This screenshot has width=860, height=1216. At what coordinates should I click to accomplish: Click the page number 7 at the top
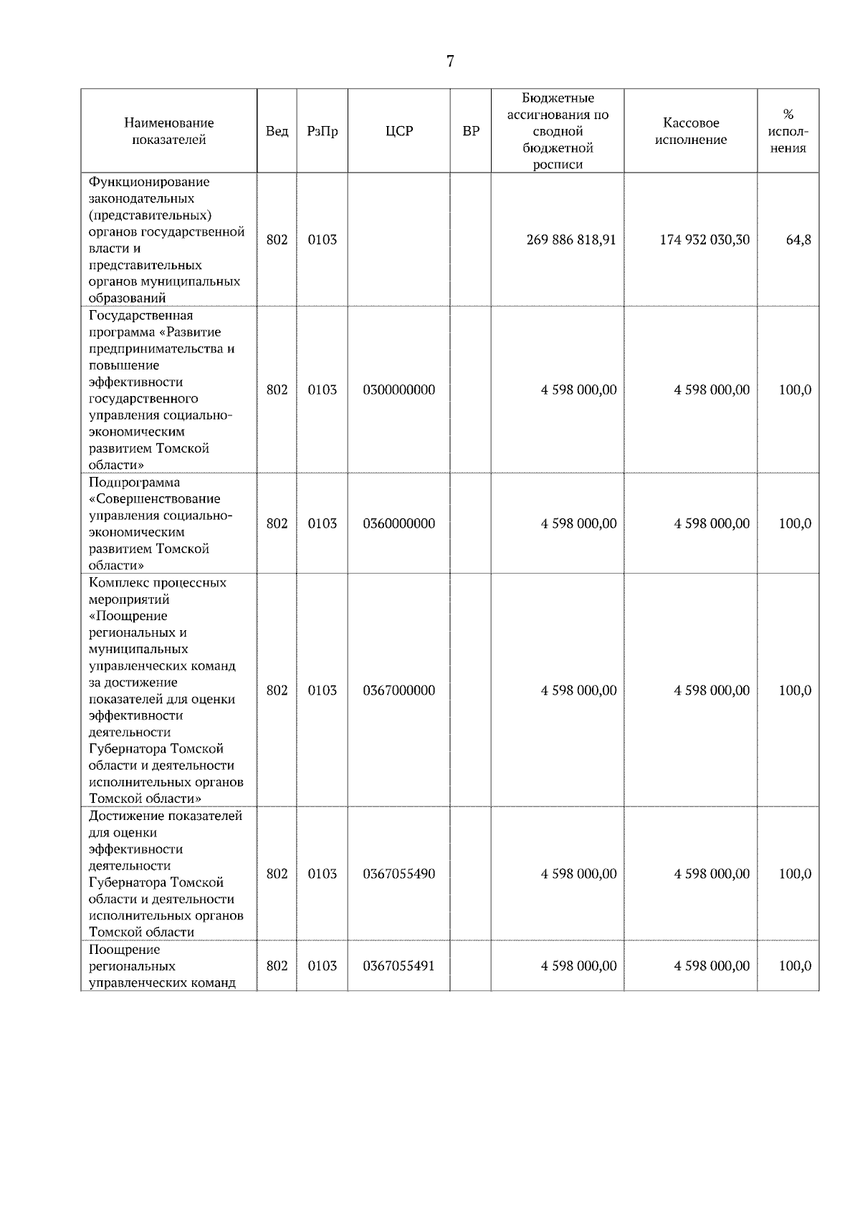coord(450,62)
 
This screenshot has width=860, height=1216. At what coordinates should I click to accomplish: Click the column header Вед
coord(277,132)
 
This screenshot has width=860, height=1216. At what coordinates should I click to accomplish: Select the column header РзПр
coord(322,132)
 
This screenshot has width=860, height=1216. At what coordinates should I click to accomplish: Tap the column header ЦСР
coord(398,132)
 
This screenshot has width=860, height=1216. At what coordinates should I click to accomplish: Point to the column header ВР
coord(471,132)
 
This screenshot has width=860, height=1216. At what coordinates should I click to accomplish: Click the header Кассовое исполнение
coord(690,132)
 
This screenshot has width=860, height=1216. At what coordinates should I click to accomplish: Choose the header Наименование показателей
coord(168,132)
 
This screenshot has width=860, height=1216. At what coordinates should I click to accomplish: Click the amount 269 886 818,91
coord(571,240)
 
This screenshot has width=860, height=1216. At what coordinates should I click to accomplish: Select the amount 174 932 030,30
coord(704,240)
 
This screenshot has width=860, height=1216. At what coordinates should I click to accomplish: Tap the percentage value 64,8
coord(798,240)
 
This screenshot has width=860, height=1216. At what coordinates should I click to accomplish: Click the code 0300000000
coord(398,390)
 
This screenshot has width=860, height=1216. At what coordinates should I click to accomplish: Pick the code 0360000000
coord(398,523)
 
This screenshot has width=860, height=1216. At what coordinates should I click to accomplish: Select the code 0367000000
coord(398,690)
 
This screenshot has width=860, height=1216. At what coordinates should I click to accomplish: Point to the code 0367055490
coord(398,874)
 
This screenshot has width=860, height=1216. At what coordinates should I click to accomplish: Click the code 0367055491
coord(398,966)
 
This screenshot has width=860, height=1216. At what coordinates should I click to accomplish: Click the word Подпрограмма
coord(134,483)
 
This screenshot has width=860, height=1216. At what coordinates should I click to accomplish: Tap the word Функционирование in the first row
coord(149,182)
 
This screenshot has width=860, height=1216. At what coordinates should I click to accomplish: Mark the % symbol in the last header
coord(788,115)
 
